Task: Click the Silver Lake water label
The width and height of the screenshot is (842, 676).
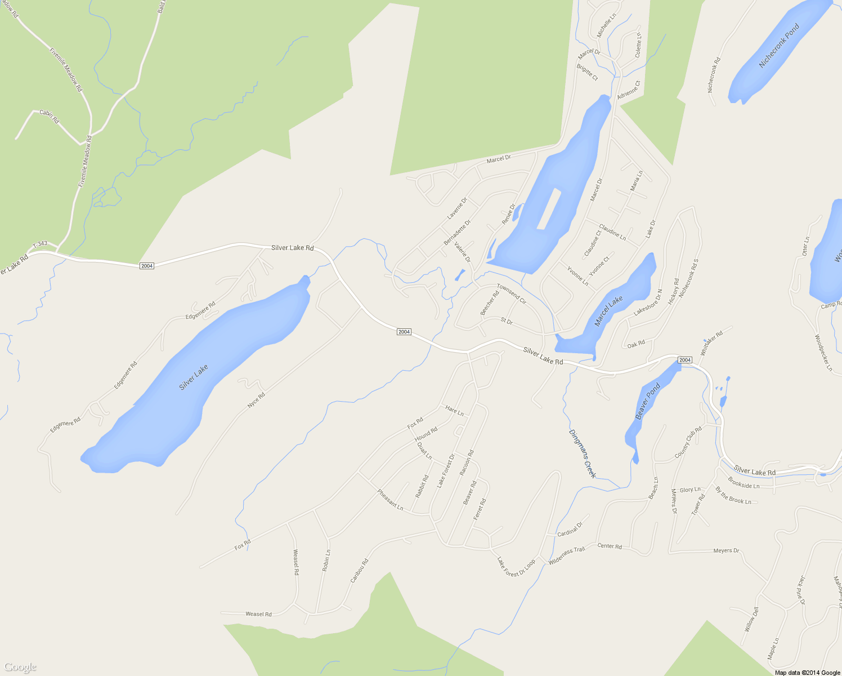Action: [x=194, y=377]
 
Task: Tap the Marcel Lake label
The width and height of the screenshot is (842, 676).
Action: [x=609, y=311]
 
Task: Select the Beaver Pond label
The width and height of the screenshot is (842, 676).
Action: [x=647, y=401]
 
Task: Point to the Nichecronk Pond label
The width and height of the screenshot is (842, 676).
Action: [x=779, y=46]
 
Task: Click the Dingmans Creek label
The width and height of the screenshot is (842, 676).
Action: [x=582, y=453]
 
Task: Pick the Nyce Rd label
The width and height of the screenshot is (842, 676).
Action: [x=256, y=401]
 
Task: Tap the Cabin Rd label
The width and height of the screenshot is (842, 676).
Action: [x=49, y=116]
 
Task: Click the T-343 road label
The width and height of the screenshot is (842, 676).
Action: [x=40, y=244]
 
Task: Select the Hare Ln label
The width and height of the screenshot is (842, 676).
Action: [x=454, y=411]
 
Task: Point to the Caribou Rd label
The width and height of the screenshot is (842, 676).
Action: [x=359, y=570]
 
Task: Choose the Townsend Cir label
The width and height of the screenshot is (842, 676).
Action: [x=511, y=294]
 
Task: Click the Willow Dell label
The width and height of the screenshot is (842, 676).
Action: [x=752, y=619]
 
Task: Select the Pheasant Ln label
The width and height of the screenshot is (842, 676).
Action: [x=390, y=500]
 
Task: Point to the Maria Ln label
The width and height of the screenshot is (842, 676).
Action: [x=636, y=180]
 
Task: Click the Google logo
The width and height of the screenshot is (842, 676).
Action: [x=20, y=668]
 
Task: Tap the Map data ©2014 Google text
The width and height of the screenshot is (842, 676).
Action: [x=807, y=673]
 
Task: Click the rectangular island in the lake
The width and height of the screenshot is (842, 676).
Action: [x=549, y=208]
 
